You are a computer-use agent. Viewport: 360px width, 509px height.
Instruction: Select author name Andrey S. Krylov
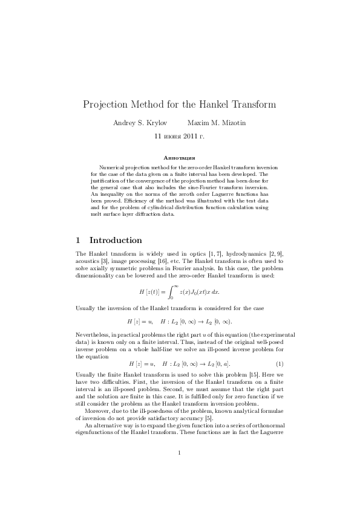[x=140, y=123]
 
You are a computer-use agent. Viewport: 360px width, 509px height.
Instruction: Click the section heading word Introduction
[x=116, y=240]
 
